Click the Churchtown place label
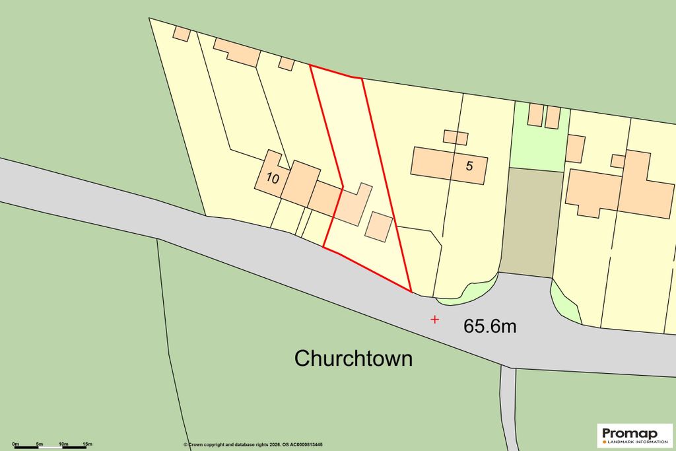[x=353, y=359]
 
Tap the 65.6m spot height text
[x=490, y=326]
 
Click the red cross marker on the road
[x=434, y=320]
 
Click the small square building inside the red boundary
[x=379, y=226]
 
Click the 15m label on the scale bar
[x=87, y=443]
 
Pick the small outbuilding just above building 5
[x=456, y=137]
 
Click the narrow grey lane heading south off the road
[x=508, y=406]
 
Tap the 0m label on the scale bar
[x=15, y=443]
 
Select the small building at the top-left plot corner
[x=181, y=34]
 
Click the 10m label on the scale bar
[x=63, y=443]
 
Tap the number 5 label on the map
[x=469, y=166]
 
